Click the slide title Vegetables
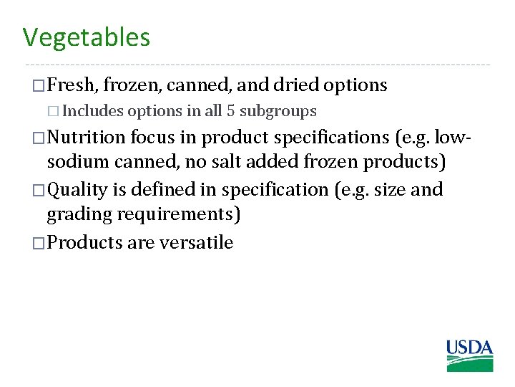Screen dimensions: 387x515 [x=86, y=37]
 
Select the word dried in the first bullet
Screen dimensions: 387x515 [x=295, y=85]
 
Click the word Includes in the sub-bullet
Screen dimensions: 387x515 [x=93, y=112]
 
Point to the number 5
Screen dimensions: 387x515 [x=230, y=112]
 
